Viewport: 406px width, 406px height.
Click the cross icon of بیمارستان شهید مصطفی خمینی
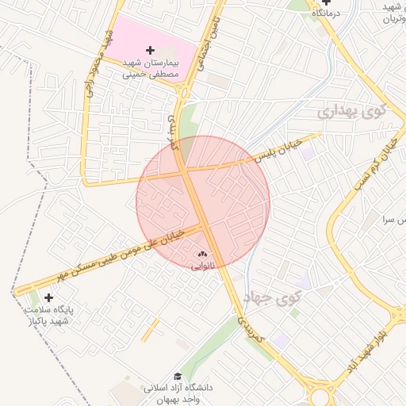coord(151,51)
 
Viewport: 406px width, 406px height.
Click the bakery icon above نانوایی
coord(201,255)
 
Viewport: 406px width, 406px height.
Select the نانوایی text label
coord(201,266)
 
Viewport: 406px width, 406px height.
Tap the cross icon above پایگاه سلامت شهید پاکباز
coord(49,297)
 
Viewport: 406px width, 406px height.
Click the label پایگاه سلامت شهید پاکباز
coord(48,315)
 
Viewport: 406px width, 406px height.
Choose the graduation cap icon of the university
coord(178,377)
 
